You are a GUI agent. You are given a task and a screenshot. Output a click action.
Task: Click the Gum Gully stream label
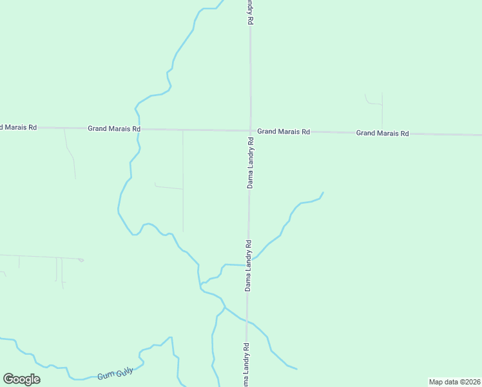click(115, 374)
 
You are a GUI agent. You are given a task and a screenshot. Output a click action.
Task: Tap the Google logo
click(21, 379)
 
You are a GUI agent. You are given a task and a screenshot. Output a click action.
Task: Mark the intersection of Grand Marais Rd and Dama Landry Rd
click(251, 131)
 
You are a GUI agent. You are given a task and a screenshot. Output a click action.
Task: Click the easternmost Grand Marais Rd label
click(383, 134)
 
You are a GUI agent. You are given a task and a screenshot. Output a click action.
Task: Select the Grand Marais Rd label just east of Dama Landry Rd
click(284, 132)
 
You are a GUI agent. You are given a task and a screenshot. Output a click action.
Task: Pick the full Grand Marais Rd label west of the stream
click(114, 129)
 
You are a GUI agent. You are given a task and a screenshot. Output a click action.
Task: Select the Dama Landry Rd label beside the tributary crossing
click(247, 266)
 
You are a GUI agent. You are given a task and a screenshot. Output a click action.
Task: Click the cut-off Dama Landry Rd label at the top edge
click(251, 12)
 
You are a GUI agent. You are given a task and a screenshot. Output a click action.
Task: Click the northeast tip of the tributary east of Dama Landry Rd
click(323, 193)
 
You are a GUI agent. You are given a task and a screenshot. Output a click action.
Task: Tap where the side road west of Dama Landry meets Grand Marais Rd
click(182, 130)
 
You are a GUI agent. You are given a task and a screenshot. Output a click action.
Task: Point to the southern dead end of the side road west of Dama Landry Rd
click(183, 232)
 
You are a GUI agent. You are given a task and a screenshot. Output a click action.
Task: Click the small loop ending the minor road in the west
click(81, 260)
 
